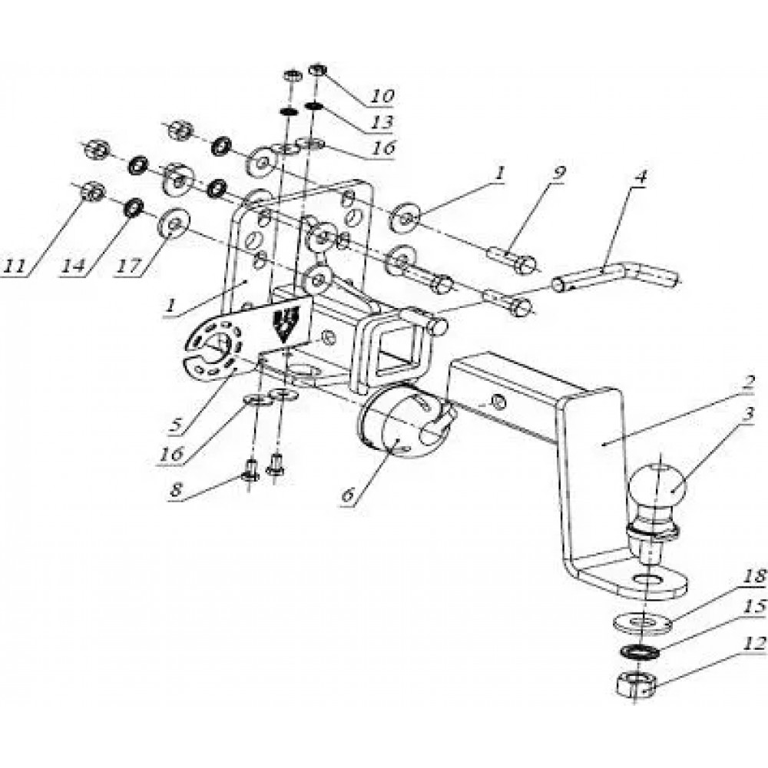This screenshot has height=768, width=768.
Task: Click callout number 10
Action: pyautogui.click(x=382, y=95)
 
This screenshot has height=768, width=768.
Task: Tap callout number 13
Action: pyautogui.click(x=382, y=122)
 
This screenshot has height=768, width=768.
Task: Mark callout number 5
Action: pyautogui.click(x=176, y=425)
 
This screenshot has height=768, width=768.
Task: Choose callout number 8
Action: pyautogui.click(x=177, y=491)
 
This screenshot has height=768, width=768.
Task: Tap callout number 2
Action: pyautogui.click(x=749, y=380)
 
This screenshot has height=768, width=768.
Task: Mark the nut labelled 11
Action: pyautogui.click(x=91, y=191)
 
